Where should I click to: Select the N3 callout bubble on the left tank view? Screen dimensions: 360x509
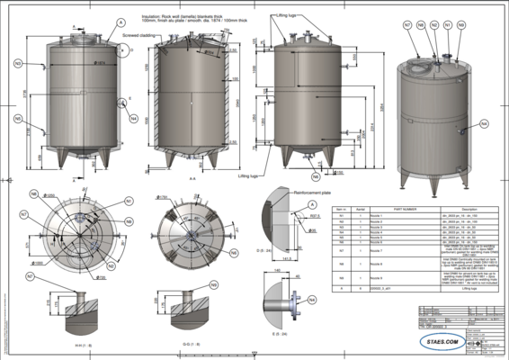click(x=18, y=64)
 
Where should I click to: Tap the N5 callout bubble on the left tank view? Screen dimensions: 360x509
click(x=18, y=118)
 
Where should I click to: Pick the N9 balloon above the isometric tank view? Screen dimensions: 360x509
click(x=461, y=25)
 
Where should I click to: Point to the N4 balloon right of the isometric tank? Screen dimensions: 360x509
click(x=484, y=122)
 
